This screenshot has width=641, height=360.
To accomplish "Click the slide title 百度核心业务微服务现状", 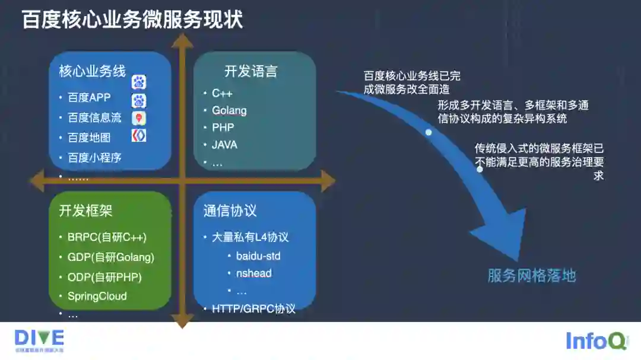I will tap(132, 19).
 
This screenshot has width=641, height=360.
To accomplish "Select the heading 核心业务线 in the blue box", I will tap(92, 72).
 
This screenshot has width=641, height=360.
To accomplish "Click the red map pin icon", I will tap(139, 118).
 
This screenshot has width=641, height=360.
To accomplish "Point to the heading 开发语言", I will tap(250, 72).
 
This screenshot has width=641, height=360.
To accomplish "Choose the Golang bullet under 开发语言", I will tap(229, 110).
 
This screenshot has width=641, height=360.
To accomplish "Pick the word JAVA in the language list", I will tap(224, 145).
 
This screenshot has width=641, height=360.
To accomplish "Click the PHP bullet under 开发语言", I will tap(223, 128).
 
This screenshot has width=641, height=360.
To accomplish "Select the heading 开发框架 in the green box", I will tap(85, 211).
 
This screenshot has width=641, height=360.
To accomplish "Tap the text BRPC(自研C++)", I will tap(107, 237).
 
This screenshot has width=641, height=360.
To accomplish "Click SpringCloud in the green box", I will tap(97, 296).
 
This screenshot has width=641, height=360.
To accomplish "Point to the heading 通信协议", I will tap(230, 211).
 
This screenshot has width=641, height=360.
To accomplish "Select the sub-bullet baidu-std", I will tap(258, 256).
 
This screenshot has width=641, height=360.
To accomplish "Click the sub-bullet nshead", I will tap(253, 273).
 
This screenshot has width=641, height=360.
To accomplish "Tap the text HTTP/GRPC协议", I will tap(253, 309).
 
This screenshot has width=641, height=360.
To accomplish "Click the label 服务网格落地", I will tap(531, 276).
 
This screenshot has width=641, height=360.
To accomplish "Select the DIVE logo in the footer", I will tap(39, 340).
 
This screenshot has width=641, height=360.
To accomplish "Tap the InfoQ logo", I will tap(596, 341).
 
